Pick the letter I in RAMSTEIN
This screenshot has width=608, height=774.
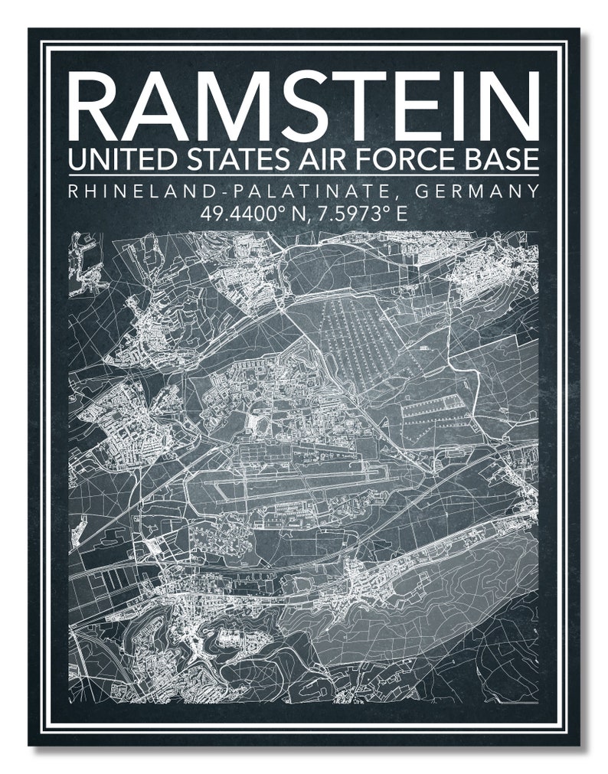[462, 103]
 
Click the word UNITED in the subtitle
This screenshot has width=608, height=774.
[114, 160]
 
